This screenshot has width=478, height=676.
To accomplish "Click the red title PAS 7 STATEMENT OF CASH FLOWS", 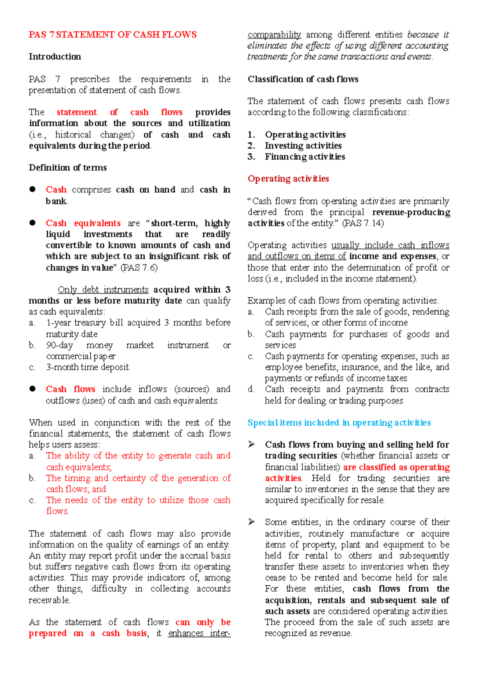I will pos(112,35).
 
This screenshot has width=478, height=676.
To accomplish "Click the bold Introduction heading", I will pos(55,57).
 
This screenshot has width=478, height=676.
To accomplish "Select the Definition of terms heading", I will pos(68,168).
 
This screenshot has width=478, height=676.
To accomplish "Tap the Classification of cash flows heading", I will pos(303,79).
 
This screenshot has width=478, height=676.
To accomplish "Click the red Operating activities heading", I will pos(288,179).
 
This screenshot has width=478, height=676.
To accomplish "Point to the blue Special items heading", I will pos(339,423).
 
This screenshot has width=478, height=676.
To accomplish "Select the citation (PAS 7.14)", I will pos(363,223).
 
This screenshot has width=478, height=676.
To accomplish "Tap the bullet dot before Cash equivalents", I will pos(33,223).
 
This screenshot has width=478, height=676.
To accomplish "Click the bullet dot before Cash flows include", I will pos(33,389).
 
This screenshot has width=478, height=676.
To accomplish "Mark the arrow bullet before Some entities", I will pos(251,522).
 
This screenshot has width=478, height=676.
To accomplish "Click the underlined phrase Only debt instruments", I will pos(103,289).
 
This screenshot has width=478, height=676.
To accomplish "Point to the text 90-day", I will pos(60,345).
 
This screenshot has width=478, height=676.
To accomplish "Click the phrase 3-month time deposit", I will pos(88,367).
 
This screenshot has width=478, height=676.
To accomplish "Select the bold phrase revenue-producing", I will pos(411,212).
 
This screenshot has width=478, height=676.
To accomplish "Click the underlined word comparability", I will pos(274,35).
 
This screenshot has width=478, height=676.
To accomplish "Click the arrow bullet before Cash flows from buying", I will pos(251,444).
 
